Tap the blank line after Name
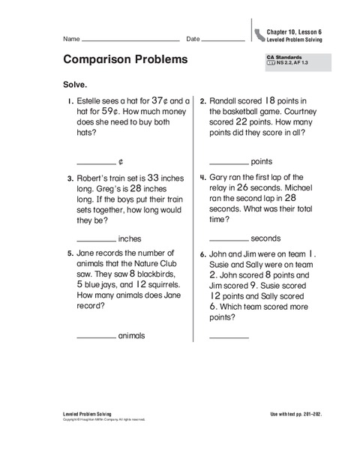[130, 39]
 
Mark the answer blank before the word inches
[96, 240]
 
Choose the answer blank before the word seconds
[228, 240]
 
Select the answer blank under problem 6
[228, 337]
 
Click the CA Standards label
[280, 57]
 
